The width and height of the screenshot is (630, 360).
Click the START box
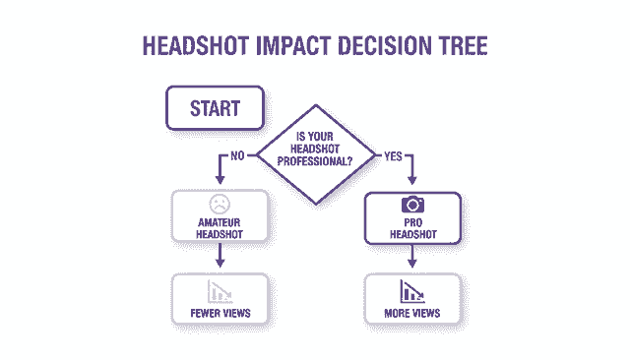(215, 107)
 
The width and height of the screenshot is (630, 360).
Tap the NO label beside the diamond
(237, 154)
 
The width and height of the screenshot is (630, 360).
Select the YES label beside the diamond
(392, 154)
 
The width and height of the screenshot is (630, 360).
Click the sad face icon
(220, 205)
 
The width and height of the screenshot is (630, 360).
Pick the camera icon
(412, 205)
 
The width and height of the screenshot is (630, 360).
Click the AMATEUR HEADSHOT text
(220, 228)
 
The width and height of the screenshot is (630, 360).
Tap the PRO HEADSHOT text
(412, 228)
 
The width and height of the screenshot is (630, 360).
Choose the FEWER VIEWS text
(220, 314)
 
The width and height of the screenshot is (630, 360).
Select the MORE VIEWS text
(412, 314)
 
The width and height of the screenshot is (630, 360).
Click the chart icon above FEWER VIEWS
(220, 291)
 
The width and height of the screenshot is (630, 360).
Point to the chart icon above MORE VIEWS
(412, 291)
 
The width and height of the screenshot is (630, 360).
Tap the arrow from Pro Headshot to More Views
(412, 257)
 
